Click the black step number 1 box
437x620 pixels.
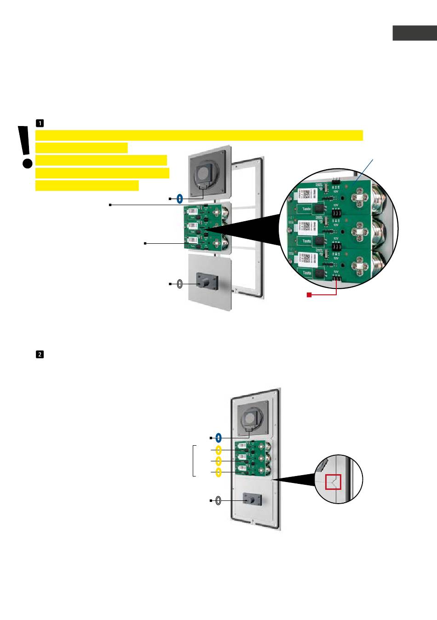[40, 123]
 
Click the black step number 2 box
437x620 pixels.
[40, 355]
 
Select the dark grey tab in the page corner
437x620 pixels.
[414, 33]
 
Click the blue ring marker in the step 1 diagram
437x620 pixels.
[180, 199]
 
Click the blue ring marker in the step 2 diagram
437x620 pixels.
[219, 437]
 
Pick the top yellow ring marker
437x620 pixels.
[219, 449]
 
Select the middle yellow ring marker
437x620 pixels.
[219, 461]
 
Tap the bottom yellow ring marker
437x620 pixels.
[219, 472]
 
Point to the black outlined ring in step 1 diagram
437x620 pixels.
[180, 284]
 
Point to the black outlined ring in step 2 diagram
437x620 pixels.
[218, 500]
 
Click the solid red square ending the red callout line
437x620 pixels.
[310, 295]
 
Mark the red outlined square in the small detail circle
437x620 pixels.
[333, 482]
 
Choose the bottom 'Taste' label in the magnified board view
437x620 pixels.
[307, 273]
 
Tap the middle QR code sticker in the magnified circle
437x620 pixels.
[308, 226]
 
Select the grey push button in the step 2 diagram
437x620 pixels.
[252, 499]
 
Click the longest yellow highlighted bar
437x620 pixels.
[199, 135]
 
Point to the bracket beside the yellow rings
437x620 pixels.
[194, 460]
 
